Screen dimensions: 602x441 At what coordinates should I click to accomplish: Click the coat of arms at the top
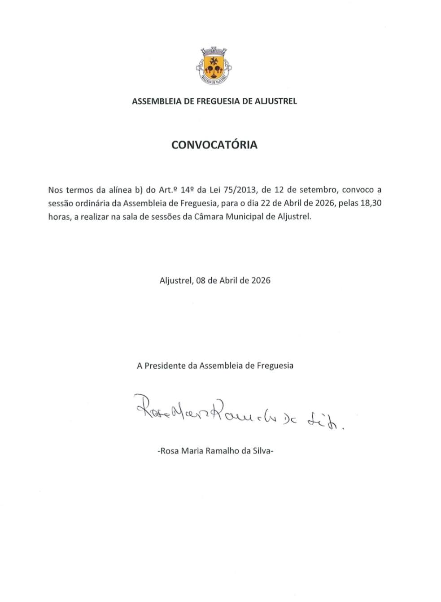(x=214, y=66)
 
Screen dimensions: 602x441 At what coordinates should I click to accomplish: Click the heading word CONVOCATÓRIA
(x=214, y=145)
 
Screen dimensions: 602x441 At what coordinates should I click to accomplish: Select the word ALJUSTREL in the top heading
(x=276, y=101)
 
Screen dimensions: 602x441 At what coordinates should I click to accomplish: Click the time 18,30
(x=371, y=203)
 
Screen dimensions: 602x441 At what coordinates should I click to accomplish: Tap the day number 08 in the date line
(x=201, y=280)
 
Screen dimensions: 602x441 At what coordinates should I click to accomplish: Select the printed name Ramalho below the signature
(x=222, y=451)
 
